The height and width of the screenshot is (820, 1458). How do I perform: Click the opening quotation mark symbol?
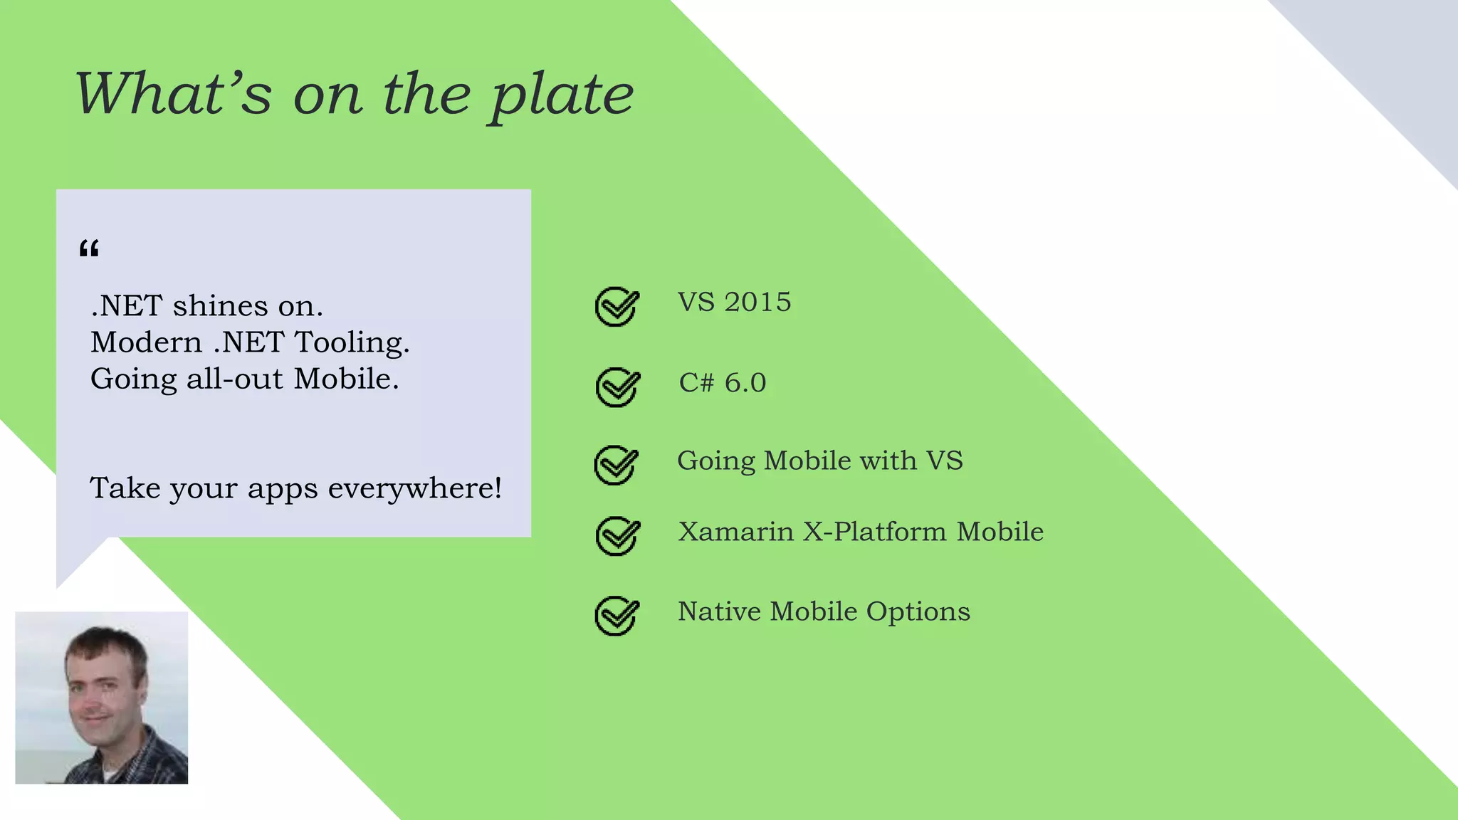[x=89, y=248]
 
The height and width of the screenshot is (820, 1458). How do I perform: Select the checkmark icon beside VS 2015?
[x=617, y=307]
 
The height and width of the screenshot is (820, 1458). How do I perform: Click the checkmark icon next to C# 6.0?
[x=617, y=387]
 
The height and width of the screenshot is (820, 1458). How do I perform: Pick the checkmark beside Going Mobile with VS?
[x=616, y=465]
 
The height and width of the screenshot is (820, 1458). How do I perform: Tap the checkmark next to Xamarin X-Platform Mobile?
[x=617, y=536]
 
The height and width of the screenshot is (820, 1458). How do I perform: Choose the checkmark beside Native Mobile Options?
[x=617, y=616]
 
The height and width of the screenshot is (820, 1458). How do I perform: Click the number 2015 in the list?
[x=757, y=303]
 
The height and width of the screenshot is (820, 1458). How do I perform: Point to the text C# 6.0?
[x=722, y=383]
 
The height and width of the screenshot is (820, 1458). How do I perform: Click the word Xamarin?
[x=735, y=532]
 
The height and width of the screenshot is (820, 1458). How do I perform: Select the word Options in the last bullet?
[x=918, y=612]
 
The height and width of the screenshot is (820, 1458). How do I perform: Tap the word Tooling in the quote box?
[x=352, y=342]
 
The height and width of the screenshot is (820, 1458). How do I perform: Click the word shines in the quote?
[x=220, y=306]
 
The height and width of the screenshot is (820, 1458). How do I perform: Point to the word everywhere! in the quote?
[x=415, y=488]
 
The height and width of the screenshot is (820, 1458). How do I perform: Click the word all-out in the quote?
[x=235, y=379]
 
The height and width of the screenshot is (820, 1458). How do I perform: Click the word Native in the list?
[x=718, y=611]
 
